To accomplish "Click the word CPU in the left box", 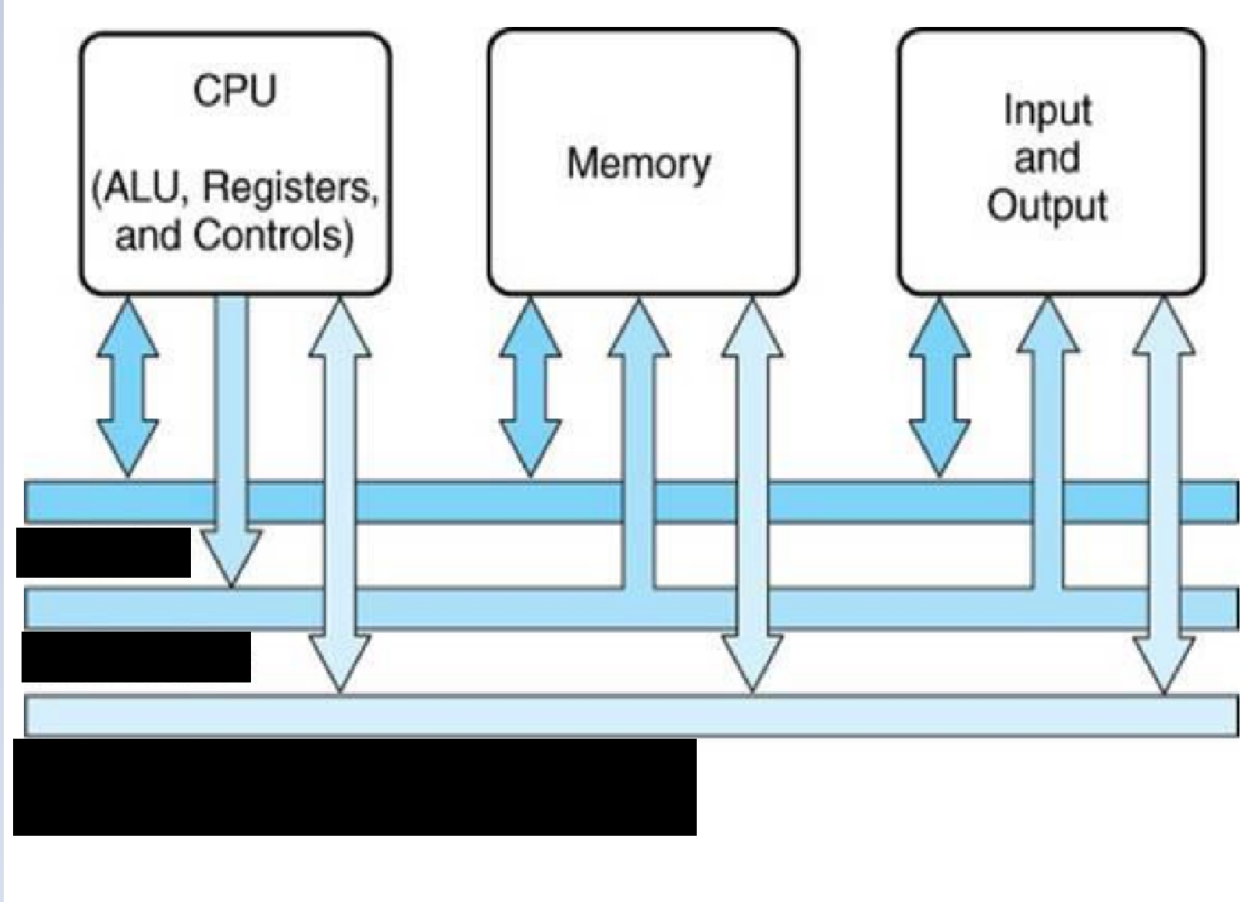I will tap(235, 91).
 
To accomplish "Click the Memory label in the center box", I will tap(639, 164).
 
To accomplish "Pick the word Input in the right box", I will tap(1047, 110).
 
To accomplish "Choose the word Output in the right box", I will tap(1047, 206).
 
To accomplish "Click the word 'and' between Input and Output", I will tap(1046, 158).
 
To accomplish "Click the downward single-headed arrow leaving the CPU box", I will tap(231, 431).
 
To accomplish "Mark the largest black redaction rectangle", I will tap(354, 786).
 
